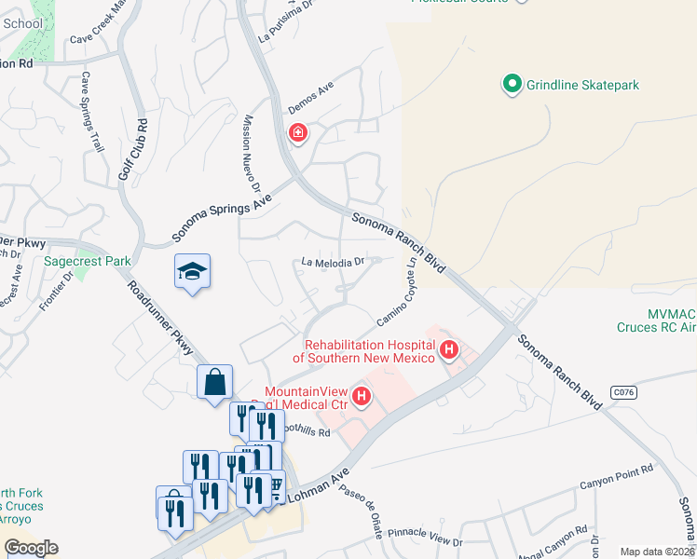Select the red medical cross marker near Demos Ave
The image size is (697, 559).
(298, 134)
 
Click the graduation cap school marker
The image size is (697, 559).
(192, 272)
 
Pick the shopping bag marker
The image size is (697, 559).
(214, 382)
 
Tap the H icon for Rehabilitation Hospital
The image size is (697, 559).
(449, 351)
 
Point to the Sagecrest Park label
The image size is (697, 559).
(88, 262)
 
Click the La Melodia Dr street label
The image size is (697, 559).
(331, 264)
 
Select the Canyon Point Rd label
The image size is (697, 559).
(616, 483)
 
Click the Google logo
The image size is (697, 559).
(31, 548)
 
